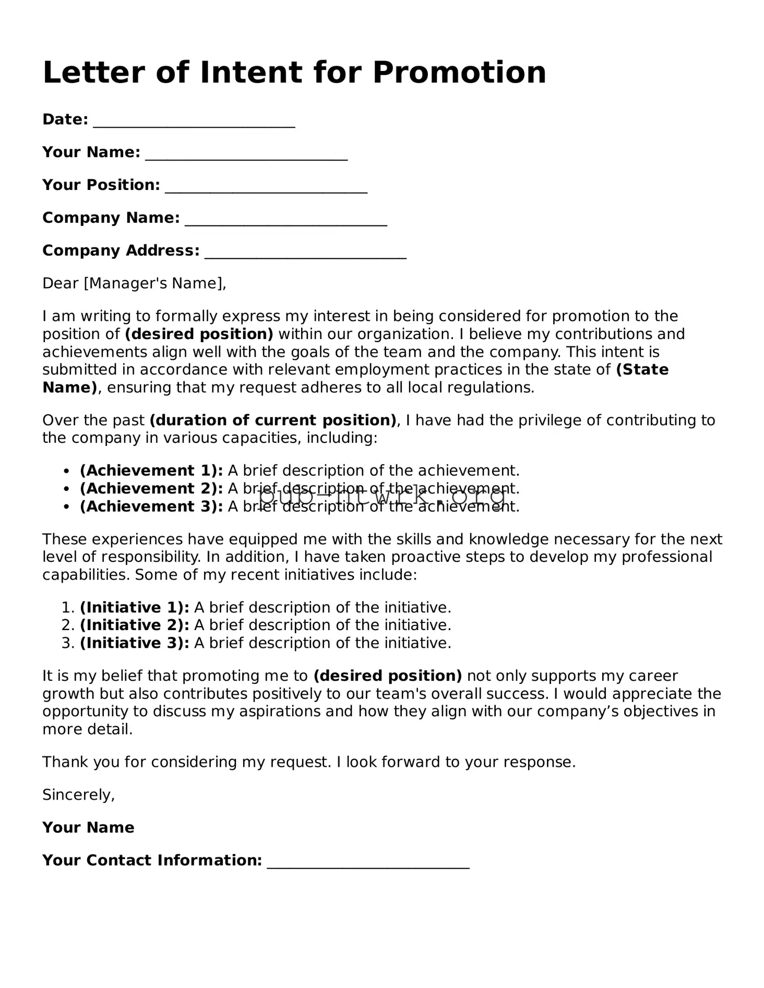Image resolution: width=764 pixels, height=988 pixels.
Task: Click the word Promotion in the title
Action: (459, 72)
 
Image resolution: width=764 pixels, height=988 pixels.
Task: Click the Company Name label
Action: (111, 218)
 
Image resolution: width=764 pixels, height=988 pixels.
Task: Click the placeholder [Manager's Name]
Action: (154, 283)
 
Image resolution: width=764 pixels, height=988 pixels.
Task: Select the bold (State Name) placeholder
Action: (642, 370)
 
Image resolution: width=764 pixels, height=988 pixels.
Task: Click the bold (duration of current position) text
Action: (273, 420)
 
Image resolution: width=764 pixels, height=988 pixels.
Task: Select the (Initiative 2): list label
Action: (134, 625)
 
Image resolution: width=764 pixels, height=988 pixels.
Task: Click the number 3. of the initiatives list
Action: (68, 643)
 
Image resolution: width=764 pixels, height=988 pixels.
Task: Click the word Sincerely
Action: (78, 794)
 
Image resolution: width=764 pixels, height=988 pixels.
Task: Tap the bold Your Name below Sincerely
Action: (88, 827)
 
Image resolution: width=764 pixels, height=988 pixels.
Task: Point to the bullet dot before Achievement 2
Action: (66, 489)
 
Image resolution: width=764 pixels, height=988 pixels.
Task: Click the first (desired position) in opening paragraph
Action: (199, 334)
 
